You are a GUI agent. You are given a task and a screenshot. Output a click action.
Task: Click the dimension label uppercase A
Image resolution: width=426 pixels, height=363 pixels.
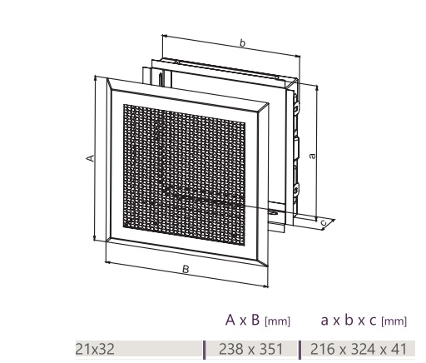90,158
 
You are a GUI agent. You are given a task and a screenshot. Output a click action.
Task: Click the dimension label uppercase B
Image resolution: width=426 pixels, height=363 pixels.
186,269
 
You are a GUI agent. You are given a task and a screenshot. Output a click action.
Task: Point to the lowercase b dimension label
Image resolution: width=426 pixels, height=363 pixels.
242,43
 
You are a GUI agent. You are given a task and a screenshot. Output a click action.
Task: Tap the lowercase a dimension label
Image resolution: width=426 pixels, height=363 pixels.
312,156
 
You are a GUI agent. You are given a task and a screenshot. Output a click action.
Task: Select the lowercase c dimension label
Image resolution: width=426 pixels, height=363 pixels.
324,223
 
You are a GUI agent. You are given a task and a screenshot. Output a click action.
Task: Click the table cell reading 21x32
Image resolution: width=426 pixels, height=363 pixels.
95,349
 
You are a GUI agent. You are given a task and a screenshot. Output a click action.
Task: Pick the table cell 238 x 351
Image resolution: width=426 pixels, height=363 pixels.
250,349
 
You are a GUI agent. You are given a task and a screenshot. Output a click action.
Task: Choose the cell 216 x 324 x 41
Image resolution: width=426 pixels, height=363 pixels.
359,349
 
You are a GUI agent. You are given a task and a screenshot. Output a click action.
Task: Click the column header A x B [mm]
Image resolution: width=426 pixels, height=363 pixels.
258,321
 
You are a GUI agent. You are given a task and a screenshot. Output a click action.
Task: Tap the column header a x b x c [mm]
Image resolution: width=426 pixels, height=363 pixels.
364,321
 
